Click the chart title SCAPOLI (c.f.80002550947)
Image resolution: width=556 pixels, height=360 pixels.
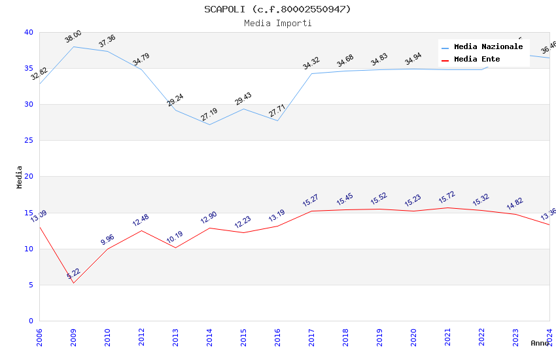(x=277, y=9)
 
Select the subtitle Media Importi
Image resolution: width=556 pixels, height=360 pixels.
(x=277, y=24)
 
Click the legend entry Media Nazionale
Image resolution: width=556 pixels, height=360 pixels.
(x=488, y=47)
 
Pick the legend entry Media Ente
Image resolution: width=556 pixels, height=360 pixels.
(x=477, y=60)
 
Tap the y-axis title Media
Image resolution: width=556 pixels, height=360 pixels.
(x=20, y=177)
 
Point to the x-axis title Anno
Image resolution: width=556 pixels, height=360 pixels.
(x=540, y=343)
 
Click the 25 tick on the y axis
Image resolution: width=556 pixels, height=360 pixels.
(x=29, y=141)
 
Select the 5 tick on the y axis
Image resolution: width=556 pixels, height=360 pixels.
(x=31, y=285)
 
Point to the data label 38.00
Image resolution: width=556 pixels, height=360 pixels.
(x=73, y=37)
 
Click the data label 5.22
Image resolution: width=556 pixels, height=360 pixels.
(x=73, y=274)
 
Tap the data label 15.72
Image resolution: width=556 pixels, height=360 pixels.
(x=447, y=198)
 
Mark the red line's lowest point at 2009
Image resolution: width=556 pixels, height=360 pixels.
(x=73, y=283)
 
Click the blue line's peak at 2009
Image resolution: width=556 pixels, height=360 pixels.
(x=73, y=46)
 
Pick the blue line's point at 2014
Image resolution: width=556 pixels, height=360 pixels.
(x=209, y=124)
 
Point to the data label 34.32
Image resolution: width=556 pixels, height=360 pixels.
(x=311, y=63)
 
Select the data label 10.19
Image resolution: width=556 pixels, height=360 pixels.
(x=175, y=238)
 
